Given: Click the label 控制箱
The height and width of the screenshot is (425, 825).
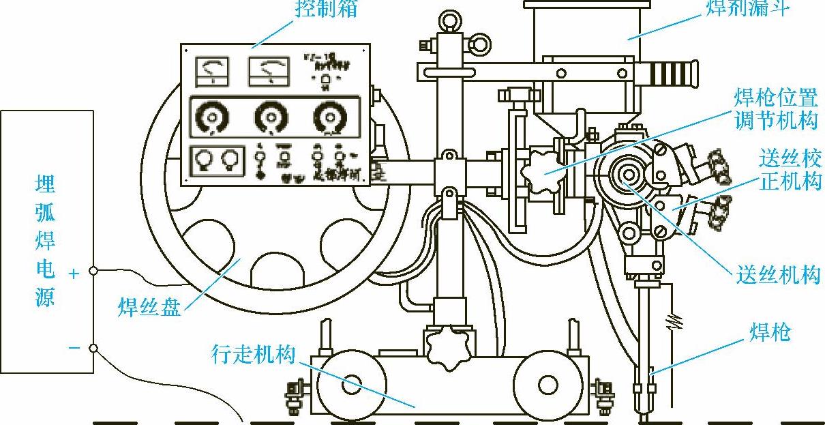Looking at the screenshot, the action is [325, 9].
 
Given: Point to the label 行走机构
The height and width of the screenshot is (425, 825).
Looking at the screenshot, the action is [252, 354].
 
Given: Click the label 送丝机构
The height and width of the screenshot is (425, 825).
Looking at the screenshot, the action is [777, 275].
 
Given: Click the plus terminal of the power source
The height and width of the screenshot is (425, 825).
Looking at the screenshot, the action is [93, 272].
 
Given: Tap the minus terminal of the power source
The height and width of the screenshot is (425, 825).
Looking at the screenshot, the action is [93, 349].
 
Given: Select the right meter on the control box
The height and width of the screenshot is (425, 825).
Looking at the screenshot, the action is [265, 71].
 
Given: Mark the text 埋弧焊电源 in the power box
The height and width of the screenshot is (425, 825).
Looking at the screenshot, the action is [45, 241].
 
